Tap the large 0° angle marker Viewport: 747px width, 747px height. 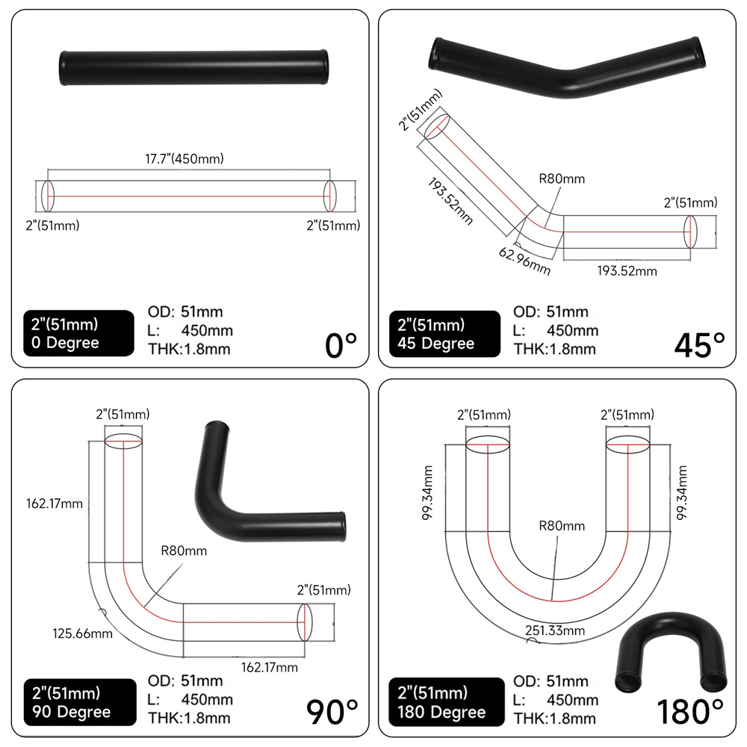[x=341, y=346]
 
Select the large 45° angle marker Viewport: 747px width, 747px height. [x=699, y=345]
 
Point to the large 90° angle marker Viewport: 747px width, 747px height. [x=332, y=711]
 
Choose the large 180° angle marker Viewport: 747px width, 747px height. [x=690, y=712]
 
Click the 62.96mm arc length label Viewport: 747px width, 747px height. [x=524, y=259]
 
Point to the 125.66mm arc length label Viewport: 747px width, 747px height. [x=83, y=634]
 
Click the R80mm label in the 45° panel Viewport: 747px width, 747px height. [x=562, y=179]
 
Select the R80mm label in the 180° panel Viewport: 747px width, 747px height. [x=561, y=526]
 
